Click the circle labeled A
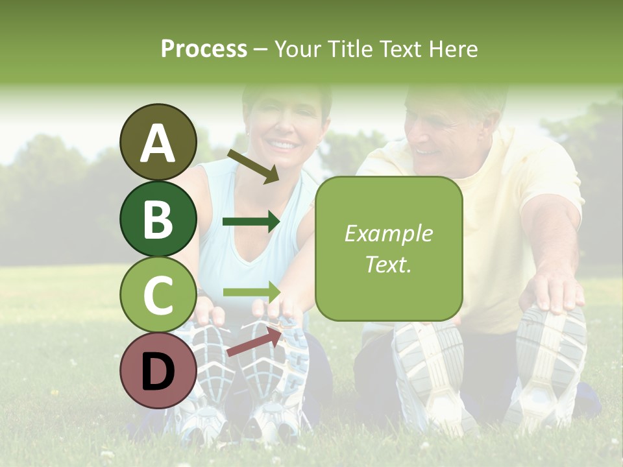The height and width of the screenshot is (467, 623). click(x=158, y=142)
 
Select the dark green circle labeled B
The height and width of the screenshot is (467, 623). click(x=158, y=219)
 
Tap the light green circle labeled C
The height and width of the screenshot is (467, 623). click(x=158, y=294)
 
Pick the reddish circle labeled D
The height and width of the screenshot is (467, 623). click(x=158, y=370)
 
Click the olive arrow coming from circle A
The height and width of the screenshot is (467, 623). click(x=253, y=166)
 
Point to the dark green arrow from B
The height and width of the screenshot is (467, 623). click(x=251, y=222)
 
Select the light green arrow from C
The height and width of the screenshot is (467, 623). click(x=251, y=292)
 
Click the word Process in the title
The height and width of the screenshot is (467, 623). click(x=204, y=49)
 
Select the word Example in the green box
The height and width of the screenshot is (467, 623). click(x=388, y=233)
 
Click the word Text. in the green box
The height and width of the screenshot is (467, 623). click(x=388, y=264)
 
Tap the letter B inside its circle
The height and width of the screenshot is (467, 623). click(x=158, y=219)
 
